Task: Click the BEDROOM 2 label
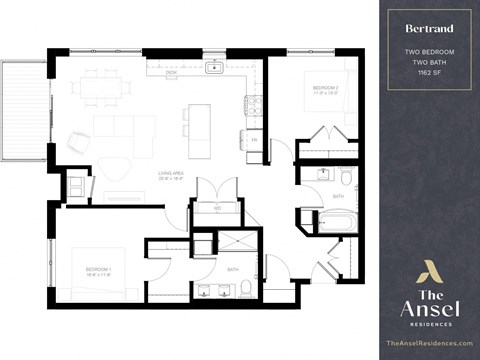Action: (326, 90)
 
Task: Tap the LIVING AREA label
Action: (170, 176)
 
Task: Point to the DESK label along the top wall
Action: (171, 73)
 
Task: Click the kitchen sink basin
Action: (214, 68)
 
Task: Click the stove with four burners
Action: (254, 103)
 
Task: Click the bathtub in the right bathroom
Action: (337, 220)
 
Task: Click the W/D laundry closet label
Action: (216, 207)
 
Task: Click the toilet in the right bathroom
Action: (346, 178)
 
